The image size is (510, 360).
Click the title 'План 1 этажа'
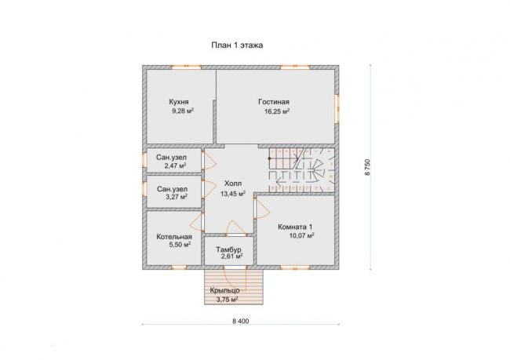[x=237, y=45]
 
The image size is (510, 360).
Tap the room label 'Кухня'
[x=179, y=102]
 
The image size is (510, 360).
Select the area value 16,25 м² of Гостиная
[x=277, y=111]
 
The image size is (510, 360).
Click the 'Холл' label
[x=233, y=184]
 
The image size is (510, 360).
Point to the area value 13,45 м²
[x=233, y=195]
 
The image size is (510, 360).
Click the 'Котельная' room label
[x=174, y=237]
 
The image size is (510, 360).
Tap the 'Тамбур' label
[x=228, y=249]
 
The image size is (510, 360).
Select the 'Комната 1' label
[x=295, y=227]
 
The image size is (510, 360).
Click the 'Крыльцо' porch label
[x=224, y=290]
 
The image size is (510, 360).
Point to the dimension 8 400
[x=241, y=321]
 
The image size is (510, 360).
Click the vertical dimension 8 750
[x=367, y=167]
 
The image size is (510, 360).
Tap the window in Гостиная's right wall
[x=337, y=109]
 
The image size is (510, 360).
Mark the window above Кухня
[x=187, y=67]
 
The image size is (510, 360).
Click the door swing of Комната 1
[x=262, y=209]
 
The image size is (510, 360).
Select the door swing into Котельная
[x=196, y=222]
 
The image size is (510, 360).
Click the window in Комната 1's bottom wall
[x=295, y=267]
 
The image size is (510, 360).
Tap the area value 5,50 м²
[x=180, y=245]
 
